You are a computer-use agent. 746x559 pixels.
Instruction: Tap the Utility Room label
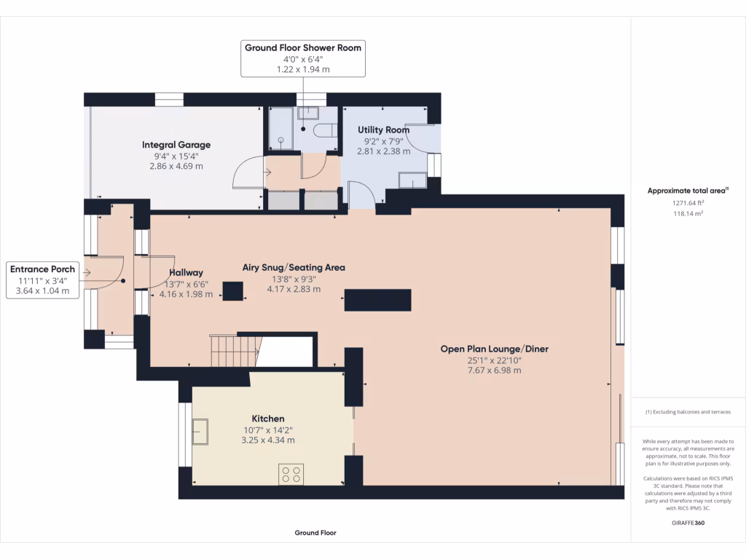(x=383, y=130)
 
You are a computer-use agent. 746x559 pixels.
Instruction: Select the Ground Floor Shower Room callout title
(x=302, y=48)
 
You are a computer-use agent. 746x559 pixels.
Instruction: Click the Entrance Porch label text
(x=42, y=269)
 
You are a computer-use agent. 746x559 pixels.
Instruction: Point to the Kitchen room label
(x=268, y=419)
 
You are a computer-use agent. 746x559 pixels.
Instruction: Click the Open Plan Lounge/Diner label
(x=494, y=349)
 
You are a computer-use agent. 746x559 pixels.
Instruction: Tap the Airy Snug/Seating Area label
(x=294, y=267)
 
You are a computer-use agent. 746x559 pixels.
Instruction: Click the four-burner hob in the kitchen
(x=291, y=475)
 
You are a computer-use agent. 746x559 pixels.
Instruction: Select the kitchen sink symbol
(x=199, y=431)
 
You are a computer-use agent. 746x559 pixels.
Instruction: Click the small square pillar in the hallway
(x=233, y=291)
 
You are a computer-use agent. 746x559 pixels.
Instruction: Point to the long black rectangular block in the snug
(x=377, y=300)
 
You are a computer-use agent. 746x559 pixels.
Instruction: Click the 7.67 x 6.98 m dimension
(x=494, y=370)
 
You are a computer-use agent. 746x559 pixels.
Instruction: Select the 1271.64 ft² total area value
(x=687, y=204)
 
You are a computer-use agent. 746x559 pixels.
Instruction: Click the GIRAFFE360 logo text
(x=688, y=523)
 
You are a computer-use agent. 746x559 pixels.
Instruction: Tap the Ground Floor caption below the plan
(x=315, y=533)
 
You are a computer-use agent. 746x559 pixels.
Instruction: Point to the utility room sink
(x=413, y=181)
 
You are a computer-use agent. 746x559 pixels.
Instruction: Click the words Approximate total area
(x=686, y=191)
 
